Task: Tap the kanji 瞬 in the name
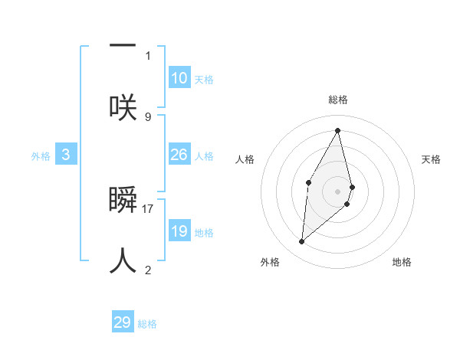[x=123, y=199]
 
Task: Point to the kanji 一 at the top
[x=123, y=45]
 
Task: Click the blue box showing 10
[x=179, y=78]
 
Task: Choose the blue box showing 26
[x=179, y=155]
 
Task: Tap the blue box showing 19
[x=179, y=231]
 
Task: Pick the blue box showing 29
[x=123, y=322]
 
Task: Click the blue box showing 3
[x=66, y=155]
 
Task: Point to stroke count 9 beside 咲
[x=148, y=116]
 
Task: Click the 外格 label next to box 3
[x=41, y=156]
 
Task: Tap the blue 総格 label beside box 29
[x=147, y=324]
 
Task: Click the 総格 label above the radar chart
[x=338, y=100]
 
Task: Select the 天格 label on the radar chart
[x=431, y=159]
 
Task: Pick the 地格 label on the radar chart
[x=402, y=262]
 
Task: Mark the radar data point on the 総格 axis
[x=338, y=129]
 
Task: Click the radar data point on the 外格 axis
[x=302, y=241]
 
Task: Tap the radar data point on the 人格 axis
[x=308, y=182]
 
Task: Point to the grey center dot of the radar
[x=338, y=191]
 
